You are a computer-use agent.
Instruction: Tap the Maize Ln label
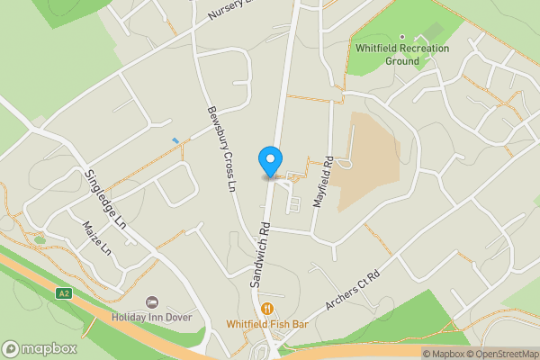click(x=94, y=237)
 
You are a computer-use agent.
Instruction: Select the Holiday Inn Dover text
click(x=152, y=317)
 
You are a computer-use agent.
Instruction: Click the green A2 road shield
click(x=63, y=293)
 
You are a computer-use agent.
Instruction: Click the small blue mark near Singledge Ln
click(x=175, y=139)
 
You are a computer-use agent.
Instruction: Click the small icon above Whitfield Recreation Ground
click(x=427, y=37)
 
